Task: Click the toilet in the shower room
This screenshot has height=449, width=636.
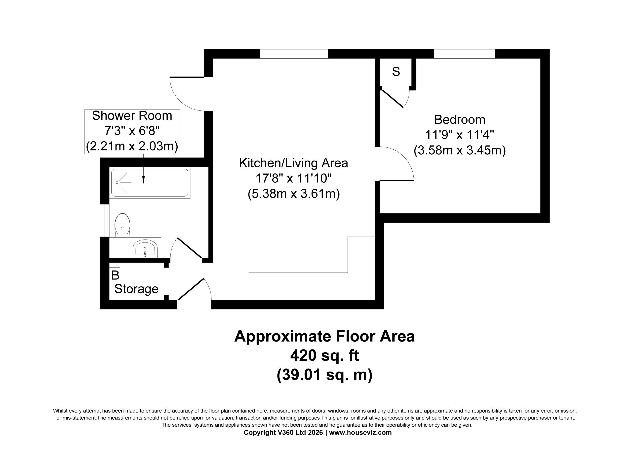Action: click(x=122, y=225)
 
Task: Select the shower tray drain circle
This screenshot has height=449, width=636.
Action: click(x=117, y=183)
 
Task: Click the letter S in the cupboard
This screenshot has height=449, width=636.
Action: click(x=396, y=72)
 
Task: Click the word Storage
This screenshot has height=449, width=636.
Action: click(x=136, y=289)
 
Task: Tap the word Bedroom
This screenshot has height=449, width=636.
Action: click(x=460, y=120)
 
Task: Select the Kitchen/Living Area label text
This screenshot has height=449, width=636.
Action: click(x=293, y=163)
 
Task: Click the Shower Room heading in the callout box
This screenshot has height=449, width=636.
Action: click(x=132, y=115)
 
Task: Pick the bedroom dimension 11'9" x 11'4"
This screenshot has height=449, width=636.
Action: click(x=460, y=135)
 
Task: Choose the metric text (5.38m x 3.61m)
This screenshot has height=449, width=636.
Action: click(x=294, y=194)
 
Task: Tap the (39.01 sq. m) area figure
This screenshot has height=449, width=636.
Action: click(x=324, y=375)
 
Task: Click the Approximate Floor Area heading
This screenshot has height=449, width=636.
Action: click(x=324, y=336)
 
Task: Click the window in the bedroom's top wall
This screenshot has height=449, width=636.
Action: click(x=465, y=54)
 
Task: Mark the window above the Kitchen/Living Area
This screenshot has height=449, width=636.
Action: click(x=294, y=54)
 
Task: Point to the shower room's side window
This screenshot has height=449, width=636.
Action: click(x=105, y=221)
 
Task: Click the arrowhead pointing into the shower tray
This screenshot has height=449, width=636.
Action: click(x=144, y=180)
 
